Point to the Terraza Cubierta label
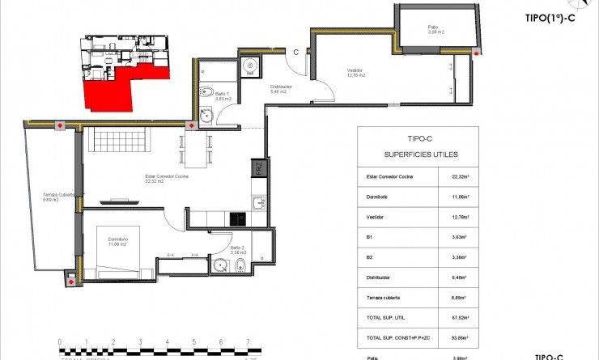point(60,197)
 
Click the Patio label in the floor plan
point(436,29)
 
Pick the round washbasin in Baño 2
point(220,265)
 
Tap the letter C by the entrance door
point(296,53)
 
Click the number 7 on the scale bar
point(247,341)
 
